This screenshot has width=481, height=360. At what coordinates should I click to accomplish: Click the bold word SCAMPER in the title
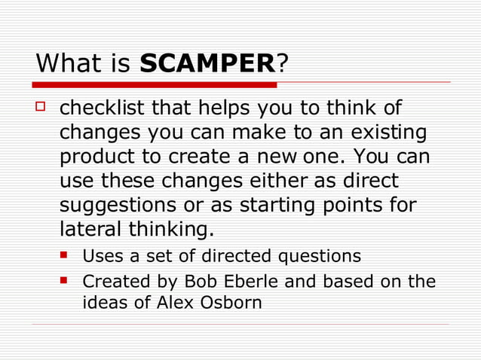tap(207, 63)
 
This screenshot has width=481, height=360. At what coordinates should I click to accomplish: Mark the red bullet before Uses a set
tap(66, 256)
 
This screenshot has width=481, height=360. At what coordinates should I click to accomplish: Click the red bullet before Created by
tap(66, 282)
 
